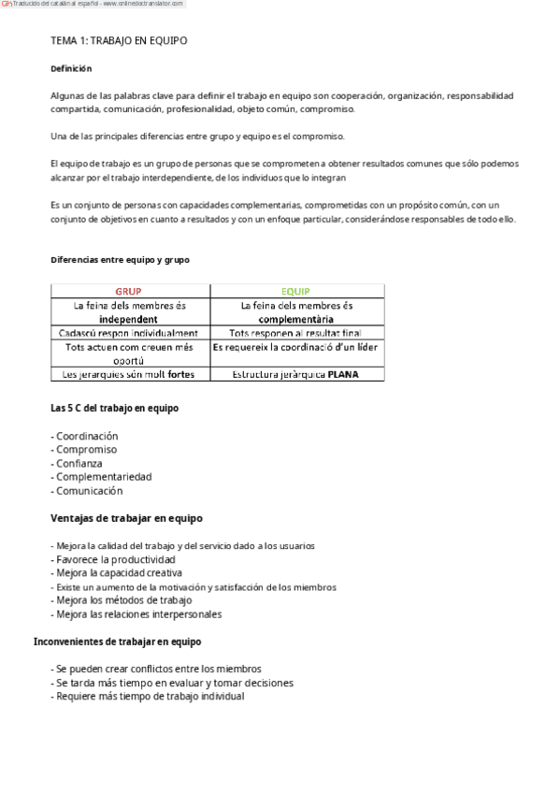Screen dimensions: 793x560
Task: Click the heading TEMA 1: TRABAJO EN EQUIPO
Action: click(x=118, y=42)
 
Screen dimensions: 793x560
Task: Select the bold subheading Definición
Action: click(x=71, y=68)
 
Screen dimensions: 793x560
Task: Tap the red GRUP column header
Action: click(x=129, y=291)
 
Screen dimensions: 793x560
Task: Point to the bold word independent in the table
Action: click(x=129, y=318)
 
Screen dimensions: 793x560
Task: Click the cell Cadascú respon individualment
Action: click(x=129, y=332)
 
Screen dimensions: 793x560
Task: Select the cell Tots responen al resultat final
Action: click(x=295, y=332)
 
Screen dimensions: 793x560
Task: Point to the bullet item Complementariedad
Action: click(x=101, y=477)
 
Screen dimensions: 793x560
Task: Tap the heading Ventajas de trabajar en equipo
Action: click(x=126, y=517)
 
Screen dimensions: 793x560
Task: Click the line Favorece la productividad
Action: click(x=116, y=559)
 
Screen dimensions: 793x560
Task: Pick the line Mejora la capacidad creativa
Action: click(x=117, y=572)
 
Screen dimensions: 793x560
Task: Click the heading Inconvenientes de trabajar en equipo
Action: click(x=117, y=642)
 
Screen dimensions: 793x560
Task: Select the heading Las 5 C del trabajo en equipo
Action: click(x=114, y=408)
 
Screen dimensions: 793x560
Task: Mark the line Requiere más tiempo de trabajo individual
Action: click(x=147, y=696)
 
